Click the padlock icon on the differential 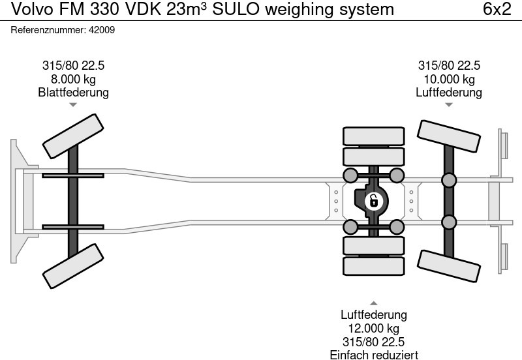pos(373,201)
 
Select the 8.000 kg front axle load pos(73,79)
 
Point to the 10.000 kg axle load pos(449,79)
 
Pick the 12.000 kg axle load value pos(373,329)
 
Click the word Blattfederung pos(73,92)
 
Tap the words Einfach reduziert pos(373,354)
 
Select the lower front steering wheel pos(73,265)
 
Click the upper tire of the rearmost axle pos(448,136)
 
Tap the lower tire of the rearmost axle pos(448,265)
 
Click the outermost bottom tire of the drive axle pos(373,266)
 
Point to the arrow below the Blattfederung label pos(73,104)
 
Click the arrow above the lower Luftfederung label pos(373,303)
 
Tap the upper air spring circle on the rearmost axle pos(448,181)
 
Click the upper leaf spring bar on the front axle pos(73,175)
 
